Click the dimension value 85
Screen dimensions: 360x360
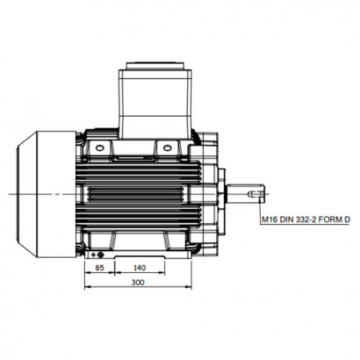(99, 267)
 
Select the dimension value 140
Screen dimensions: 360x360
(139, 267)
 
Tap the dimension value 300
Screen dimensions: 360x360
(138, 282)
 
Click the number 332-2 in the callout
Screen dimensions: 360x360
(306, 220)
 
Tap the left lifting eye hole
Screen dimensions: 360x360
(99, 147)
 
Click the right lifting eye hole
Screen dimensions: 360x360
(167, 147)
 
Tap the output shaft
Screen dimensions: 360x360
(246, 194)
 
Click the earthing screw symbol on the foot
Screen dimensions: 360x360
(101, 255)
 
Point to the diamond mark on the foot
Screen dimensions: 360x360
(94, 255)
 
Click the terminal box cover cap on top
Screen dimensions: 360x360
(155, 66)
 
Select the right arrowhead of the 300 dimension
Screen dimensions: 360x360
(189, 287)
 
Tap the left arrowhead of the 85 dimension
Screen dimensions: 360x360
(87, 272)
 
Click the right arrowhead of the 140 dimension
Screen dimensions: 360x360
(162, 272)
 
